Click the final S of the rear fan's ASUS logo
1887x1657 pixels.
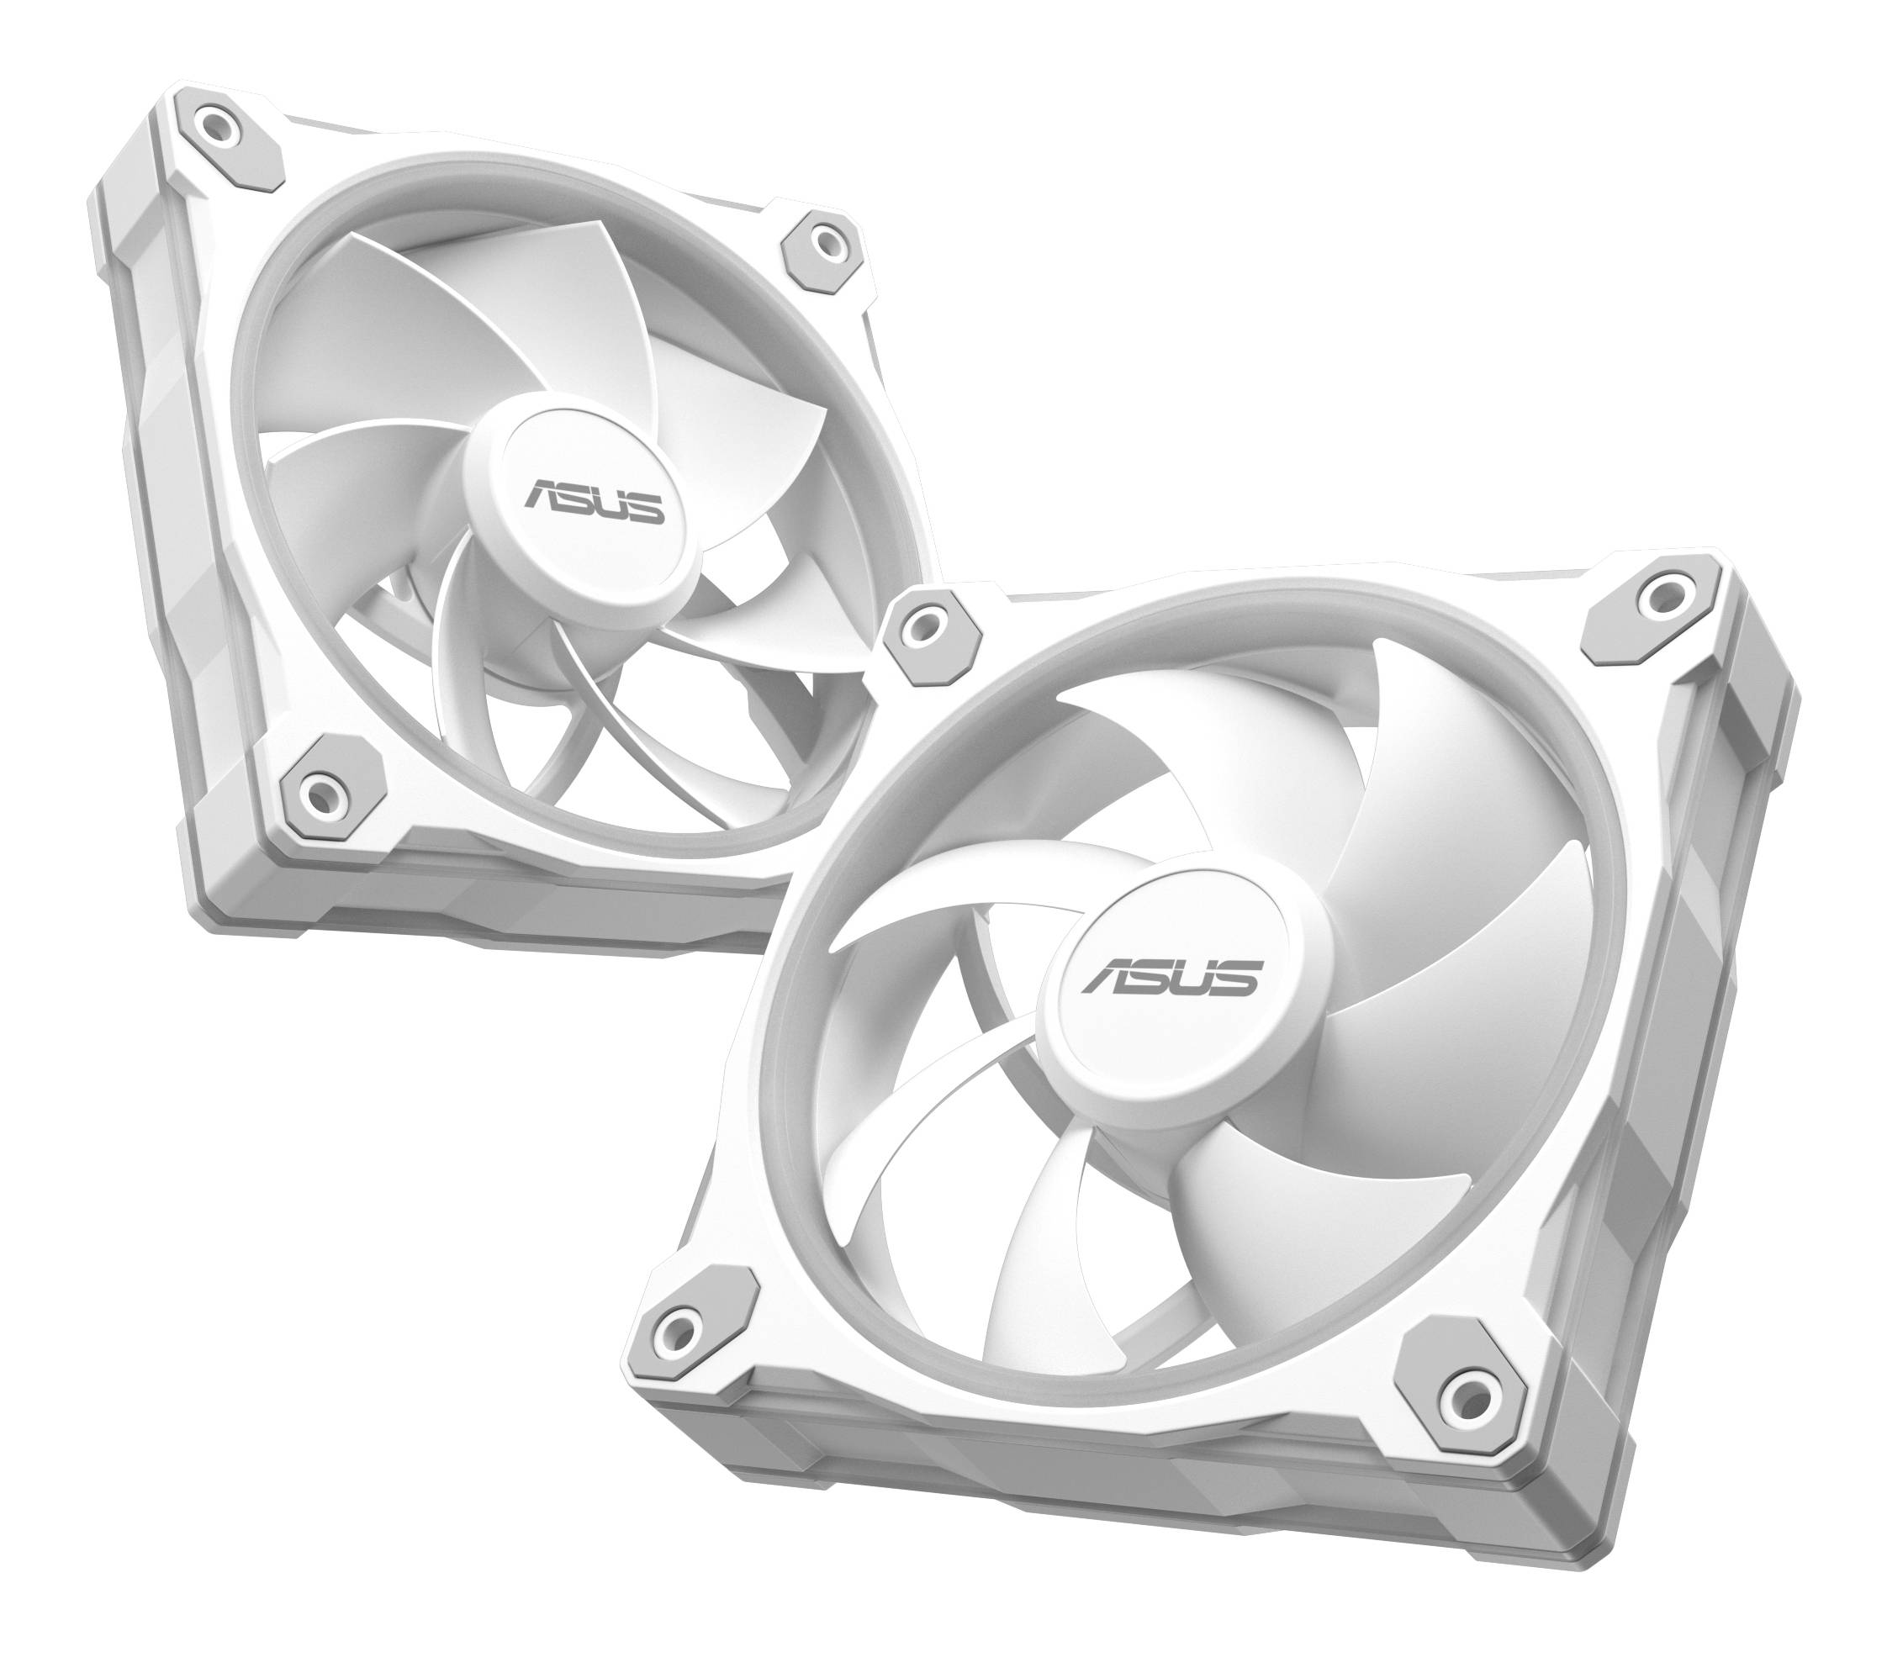click(x=646, y=508)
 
